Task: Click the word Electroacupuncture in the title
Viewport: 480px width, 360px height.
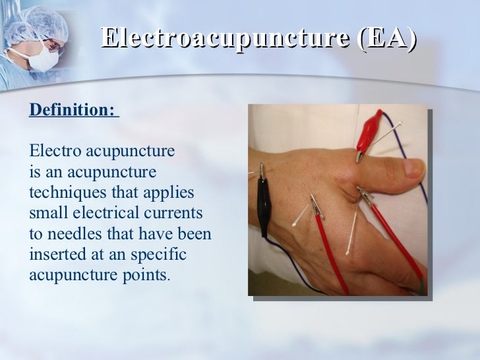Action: coord(225,38)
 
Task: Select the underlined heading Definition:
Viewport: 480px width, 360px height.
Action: coord(72,110)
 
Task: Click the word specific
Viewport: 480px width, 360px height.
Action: coord(161,255)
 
